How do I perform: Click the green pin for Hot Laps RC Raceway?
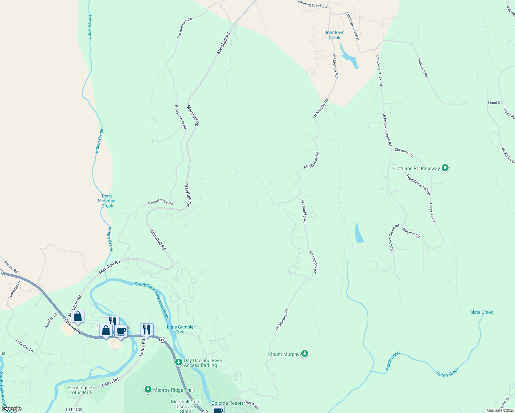coord(445,168)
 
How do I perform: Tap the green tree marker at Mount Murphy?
coord(304,354)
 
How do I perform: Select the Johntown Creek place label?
coord(334,35)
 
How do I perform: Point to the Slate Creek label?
coord(481,312)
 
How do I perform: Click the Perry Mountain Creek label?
coord(107,201)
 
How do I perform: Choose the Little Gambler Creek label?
coord(181,329)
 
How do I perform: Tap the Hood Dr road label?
coord(495,103)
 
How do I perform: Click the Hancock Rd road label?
coord(423,67)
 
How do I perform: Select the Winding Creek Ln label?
coord(312,4)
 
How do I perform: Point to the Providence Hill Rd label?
coord(418,185)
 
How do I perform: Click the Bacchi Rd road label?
coord(11,267)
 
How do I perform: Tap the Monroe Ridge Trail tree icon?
coord(148,390)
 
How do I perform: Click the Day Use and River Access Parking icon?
coord(178,362)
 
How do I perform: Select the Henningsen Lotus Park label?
coord(81,390)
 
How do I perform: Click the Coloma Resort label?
coord(227,403)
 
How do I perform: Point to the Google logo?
coord(11,409)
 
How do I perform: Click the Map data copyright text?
coord(500,410)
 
